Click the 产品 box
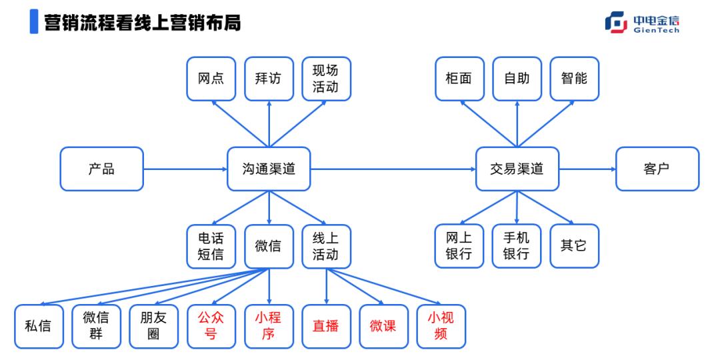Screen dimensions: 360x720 [x=101, y=169]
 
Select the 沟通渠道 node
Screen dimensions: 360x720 [x=269, y=169]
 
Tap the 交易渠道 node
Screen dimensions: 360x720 [x=517, y=169]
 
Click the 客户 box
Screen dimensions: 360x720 [x=657, y=169]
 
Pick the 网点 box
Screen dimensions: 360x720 [x=211, y=79]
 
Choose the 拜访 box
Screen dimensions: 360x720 [x=269, y=79]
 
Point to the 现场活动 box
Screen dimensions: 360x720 [x=326, y=79]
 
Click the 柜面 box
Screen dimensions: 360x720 [x=459, y=79]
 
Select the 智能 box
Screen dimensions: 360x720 [x=574, y=79]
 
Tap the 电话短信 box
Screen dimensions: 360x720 [x=211, y=246]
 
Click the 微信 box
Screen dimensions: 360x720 [x=269, y=246]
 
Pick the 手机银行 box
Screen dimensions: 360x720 [x=517, y=246]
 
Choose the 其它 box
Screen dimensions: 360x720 [x=574, y=246]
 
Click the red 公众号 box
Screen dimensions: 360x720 [x=211, y=326]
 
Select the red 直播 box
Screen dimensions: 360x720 [x=326, y=326]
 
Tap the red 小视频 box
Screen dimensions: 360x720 [x=441, y=326]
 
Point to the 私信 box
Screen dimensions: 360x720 [x=39, y=326]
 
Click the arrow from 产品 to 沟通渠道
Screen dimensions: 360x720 [x=185, y=169]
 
